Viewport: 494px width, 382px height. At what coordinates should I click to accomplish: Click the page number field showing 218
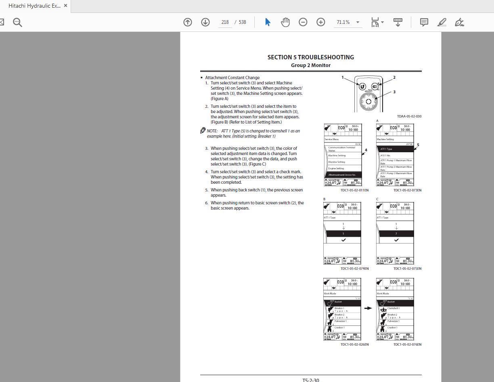225,22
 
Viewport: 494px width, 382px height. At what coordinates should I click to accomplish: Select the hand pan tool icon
285,22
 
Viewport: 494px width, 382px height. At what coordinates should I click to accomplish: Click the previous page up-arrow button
188,22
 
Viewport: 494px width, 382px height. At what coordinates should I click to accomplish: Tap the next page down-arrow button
205,22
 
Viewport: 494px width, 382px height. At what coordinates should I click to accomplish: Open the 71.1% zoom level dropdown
358,22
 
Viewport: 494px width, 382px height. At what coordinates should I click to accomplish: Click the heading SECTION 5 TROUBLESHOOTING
310,57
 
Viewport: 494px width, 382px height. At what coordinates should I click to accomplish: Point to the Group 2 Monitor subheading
310,65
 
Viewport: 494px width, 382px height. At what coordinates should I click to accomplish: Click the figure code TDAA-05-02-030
409,116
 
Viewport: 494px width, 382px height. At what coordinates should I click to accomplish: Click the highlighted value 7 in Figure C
396,234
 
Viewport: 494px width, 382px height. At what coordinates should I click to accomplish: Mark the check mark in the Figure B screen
343,240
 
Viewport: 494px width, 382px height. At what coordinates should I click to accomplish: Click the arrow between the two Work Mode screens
368,308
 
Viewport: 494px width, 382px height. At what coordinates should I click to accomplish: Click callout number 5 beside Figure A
418,145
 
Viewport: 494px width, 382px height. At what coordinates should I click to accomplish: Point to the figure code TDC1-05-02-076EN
407,344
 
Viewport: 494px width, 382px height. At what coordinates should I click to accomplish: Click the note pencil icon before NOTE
203,130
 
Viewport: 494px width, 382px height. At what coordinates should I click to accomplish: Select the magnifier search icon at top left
17,22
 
